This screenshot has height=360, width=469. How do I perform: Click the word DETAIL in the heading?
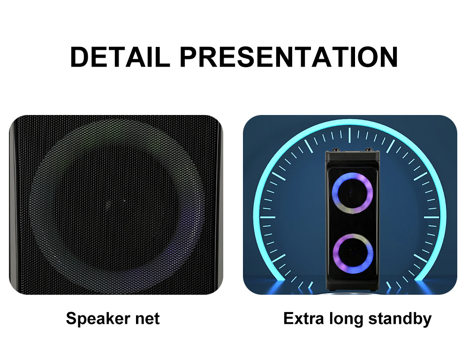tap(120, 57)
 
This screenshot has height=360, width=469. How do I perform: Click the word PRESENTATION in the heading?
tap(289, 57)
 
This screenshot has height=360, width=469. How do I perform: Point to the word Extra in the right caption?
tap(303, 318)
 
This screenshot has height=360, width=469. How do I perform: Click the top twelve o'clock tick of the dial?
tap(349, 135)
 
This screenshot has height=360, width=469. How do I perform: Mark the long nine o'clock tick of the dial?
tap(268, 217)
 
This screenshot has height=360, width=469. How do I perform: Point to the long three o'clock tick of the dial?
tap(431, 217)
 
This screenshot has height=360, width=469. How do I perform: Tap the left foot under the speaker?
tap(332, 290)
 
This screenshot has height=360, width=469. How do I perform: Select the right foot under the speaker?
tap(372, 290)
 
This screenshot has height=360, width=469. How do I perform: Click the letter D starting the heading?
tap(80, 57)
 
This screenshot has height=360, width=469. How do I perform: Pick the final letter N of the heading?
tap(388, 57)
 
